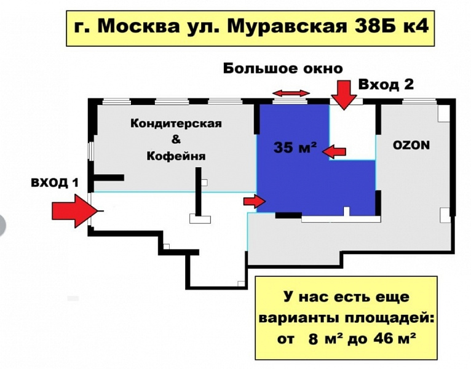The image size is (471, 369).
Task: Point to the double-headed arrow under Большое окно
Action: (x=291, y=93)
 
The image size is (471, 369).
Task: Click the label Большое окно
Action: (x=282, y=68)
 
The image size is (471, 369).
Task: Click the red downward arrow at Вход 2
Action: (x=342, y=94)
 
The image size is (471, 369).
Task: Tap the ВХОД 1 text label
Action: (x=55, y=182)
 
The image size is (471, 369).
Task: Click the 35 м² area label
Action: (x=295, y=148)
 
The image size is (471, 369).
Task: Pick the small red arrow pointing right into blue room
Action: (x=254, y=200)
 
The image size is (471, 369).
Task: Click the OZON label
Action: (x=411, y=146)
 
